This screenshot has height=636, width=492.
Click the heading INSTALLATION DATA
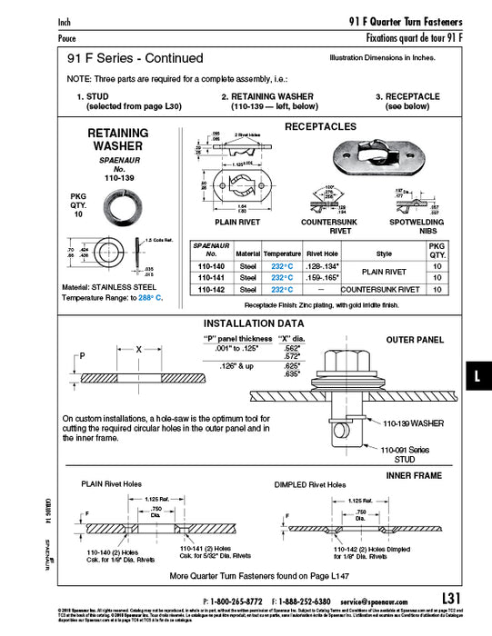254,323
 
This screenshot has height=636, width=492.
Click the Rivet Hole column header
323,255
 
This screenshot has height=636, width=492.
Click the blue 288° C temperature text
146,297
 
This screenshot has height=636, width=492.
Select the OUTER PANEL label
415,339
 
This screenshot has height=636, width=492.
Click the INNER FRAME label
414,474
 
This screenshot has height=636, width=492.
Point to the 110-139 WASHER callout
414,422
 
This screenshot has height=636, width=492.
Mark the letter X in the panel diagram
138,349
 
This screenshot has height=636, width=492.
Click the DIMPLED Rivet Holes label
310,484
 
